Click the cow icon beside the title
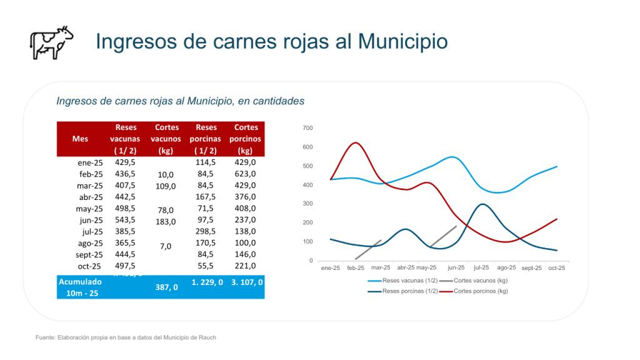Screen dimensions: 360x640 tap(52, 43)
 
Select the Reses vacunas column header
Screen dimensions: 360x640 tap(125, 139)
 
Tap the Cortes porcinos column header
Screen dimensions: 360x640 tap(246, 139)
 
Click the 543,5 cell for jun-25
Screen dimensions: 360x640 tap(125, 220)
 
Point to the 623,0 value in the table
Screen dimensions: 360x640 tap(246, 174)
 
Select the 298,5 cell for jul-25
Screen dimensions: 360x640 tap(206, 232)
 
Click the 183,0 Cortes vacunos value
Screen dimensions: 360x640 tap(166, 222)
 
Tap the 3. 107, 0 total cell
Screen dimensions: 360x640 tap(246, 282)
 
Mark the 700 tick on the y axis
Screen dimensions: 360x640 tap(308, 128)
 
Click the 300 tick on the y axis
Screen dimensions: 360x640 tap(308, 204)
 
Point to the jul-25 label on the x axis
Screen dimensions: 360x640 tap(481, 268)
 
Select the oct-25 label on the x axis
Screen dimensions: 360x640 tap(556, 268)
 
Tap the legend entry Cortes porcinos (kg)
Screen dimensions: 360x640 tap(481, 291)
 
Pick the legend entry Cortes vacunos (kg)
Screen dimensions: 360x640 tap(480, 281)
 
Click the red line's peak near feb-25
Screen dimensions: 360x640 tap(356, 142)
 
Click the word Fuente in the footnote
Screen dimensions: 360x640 tap(45, 337)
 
